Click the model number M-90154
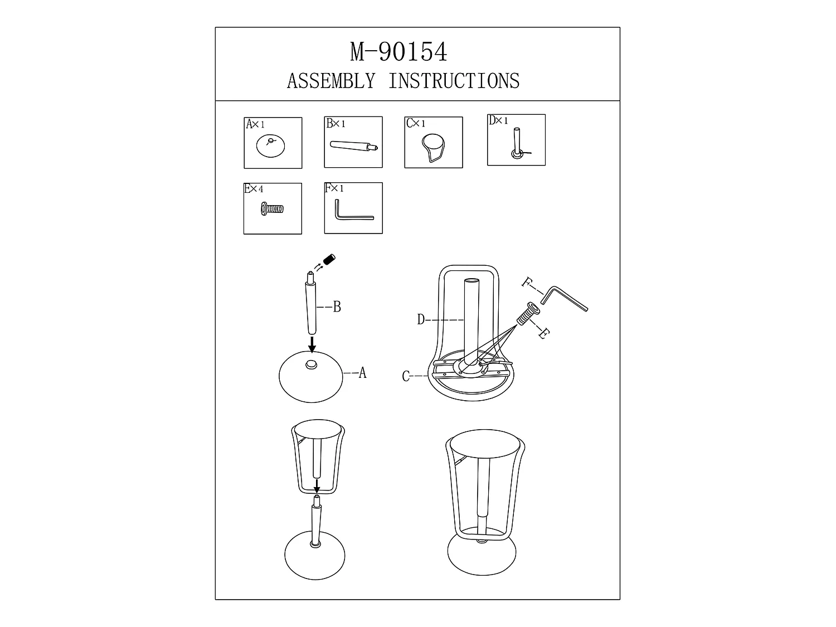click(x=398, y=52)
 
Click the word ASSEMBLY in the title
click(x=331, y=81)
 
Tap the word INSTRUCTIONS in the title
click(x=454, y=81)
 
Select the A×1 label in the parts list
click(x=255, y=124)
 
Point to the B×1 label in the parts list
click(x=336, y=123)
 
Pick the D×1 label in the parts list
click(x=498, y=121)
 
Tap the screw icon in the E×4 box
click(x=272, y=208)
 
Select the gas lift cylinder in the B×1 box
click(x=354, y=146)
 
